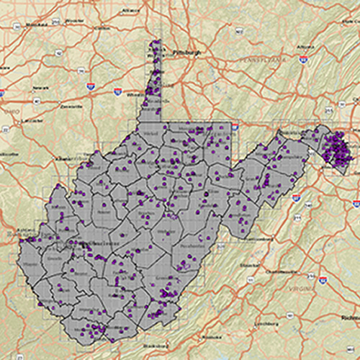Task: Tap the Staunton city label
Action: pyautogui.click(x=251, y=264)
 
